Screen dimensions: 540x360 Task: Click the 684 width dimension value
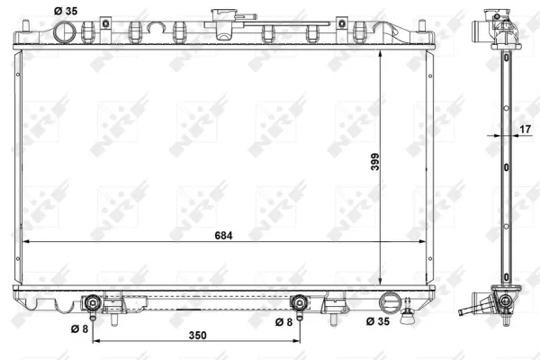point(223,235)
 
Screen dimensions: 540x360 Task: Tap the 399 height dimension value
point(375,162)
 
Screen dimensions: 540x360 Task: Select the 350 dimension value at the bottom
point(198,335)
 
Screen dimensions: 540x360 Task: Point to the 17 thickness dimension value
point(526,130)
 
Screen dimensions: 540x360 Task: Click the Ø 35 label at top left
point(66,11)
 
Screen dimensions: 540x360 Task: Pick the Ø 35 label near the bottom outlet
point(378,321)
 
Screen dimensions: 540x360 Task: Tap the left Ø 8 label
point(79,329)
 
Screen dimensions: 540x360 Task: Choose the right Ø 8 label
point(283,322)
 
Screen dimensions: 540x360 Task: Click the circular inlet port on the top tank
point(65,31)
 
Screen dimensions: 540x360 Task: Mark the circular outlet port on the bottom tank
point(391,302)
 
